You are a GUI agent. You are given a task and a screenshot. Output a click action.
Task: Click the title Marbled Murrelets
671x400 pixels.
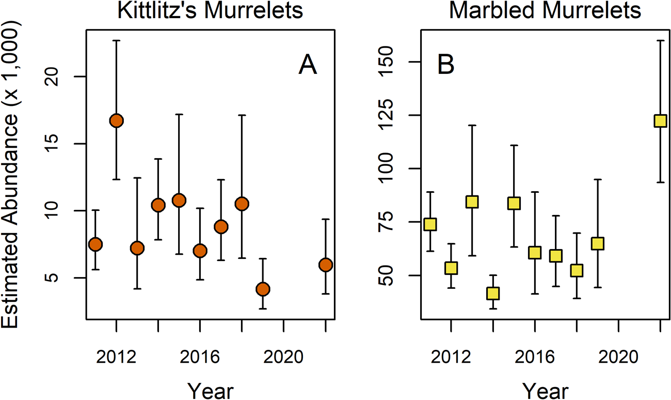tap(545, 11)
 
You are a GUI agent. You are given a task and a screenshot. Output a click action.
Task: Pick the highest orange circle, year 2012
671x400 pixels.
tap(116, 120)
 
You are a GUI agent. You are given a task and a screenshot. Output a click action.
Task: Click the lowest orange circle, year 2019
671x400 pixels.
tap(263, 289)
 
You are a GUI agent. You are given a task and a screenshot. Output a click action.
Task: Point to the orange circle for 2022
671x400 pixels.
tap(325, 265)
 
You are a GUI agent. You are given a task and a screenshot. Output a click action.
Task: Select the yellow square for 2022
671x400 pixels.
tap(660, 121)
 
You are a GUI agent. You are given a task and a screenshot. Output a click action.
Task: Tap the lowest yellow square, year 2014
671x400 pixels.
tap(493, 293)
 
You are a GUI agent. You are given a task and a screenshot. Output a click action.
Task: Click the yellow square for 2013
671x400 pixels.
tap(472, 202)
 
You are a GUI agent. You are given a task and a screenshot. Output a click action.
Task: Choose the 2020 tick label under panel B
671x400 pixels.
tap(618, 357)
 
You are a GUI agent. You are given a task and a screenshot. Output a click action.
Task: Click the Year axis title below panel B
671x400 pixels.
tap(545, 389)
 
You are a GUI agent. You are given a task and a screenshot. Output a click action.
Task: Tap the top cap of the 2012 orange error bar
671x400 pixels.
tap(116, 40)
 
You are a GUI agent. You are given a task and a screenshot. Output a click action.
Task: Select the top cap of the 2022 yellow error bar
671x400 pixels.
tap(660, 40)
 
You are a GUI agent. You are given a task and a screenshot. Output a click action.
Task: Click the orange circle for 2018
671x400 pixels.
tap(242, 204)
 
